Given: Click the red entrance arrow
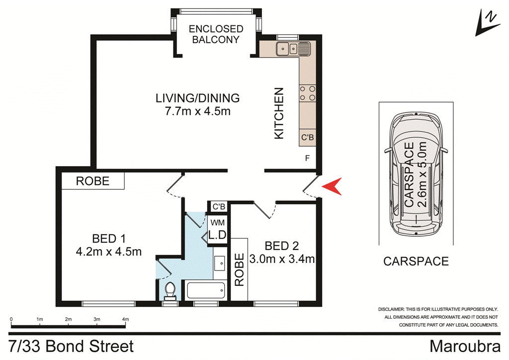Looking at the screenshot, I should point(332,187).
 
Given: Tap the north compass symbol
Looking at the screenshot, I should point(487,23).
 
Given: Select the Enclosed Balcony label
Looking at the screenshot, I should point(216,34).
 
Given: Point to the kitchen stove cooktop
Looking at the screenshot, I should point(307,93).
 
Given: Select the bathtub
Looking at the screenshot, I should point(205,290).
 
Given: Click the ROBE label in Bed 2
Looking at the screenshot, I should point(239,270).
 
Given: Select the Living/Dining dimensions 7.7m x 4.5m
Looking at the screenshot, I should point(197,111).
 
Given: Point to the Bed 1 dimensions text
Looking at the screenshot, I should point(109,252).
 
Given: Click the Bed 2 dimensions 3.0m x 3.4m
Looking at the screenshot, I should point(282,259).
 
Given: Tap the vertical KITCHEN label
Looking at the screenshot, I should point(279,113).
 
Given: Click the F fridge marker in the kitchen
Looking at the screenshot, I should point(307,159).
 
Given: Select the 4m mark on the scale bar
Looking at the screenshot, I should point(125,319).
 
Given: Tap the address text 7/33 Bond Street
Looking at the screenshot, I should point(72,346).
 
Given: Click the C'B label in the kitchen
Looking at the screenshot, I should point(307,138).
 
